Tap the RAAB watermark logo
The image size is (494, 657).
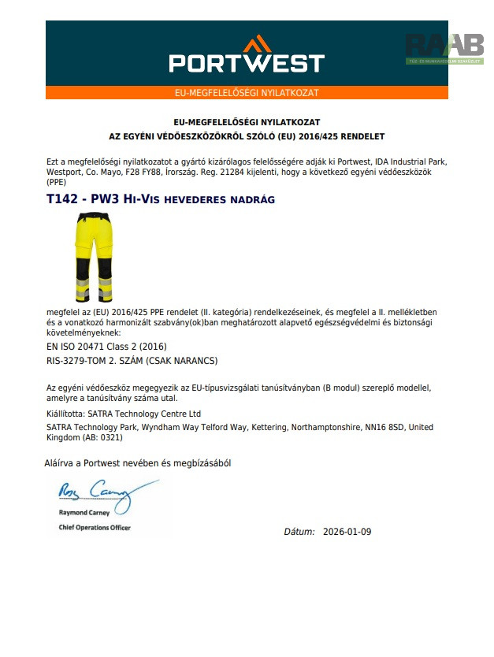[x=444, y=48]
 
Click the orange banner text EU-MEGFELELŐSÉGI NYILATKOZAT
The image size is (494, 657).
[x=247, y=93]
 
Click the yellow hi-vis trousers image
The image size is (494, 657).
[x=93, y=258]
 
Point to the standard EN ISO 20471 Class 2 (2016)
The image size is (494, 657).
[x=107, y=346]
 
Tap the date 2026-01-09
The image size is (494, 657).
[x=347, y=532]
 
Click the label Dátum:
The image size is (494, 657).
[x=299, y=532]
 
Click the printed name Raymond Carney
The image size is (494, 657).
[x=86, y=513]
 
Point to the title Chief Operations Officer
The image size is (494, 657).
[x=95, y=527]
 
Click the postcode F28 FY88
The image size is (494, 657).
[x=144, y=171]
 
